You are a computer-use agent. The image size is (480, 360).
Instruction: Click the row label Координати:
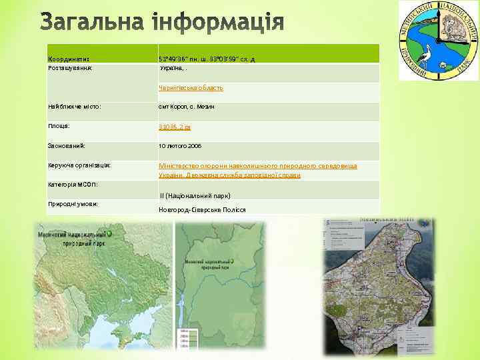(x=68, y=58)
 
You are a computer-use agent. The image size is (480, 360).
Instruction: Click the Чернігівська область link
(x=190, y=87)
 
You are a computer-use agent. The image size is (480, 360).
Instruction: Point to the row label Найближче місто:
(x=74, y=106)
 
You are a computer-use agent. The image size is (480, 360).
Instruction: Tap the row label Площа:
(x=59, y=125)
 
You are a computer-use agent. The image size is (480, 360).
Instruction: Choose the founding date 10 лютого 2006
(x=179, y=145)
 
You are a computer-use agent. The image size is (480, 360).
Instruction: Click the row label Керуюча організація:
(x=79, y=165)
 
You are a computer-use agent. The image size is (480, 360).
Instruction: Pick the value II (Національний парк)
(x=195, y=196)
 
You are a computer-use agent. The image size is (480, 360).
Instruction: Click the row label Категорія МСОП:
(x=73, y=183)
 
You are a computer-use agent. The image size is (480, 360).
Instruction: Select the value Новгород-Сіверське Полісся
(x=202, y=209)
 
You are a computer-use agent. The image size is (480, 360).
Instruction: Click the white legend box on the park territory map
(x=340, y=247)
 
